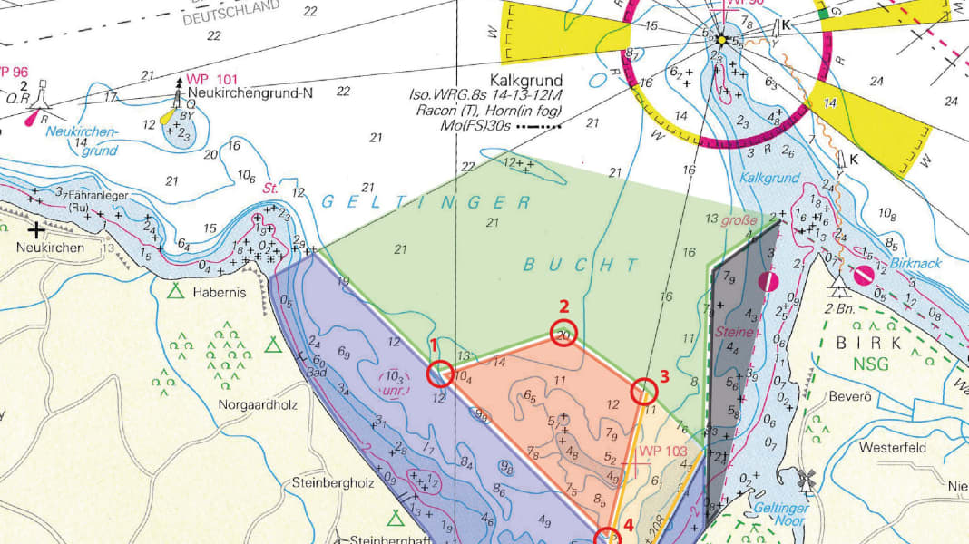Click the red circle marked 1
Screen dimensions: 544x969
[x=440, y=373]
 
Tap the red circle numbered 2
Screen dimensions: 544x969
[x=563, y=335]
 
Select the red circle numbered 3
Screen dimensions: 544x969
[x=643, y=391]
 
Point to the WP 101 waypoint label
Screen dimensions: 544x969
[x=210, y=78]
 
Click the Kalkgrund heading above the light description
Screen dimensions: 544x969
[x=525, y=80]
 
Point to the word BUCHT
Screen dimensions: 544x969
[x=582, y=265]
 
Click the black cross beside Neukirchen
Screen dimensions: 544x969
[x=36, y=229]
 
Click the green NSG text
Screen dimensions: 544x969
[x=871, y=364]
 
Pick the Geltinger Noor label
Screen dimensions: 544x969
[x=781, y=514]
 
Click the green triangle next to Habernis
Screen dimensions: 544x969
[x=175, y=292]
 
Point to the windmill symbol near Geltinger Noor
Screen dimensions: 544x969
[x=804, y=478]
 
